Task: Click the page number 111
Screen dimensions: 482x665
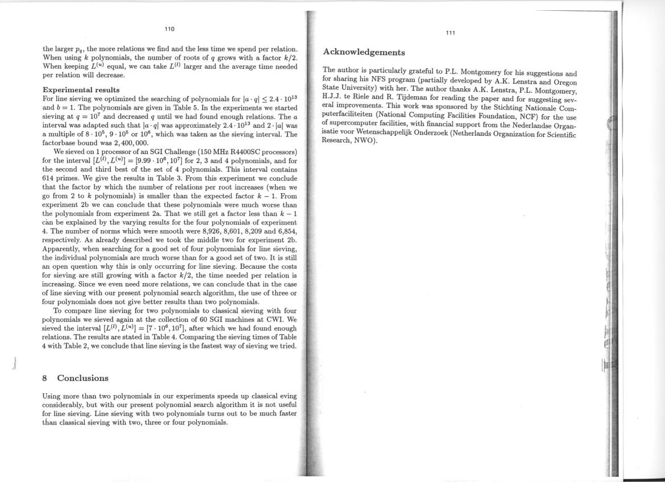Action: (x=450, y=33)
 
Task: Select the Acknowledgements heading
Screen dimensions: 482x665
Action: (x=364, y=52)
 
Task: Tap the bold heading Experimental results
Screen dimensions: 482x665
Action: (x=81, y=90)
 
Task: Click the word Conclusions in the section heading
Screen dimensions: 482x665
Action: (x=82, y=378)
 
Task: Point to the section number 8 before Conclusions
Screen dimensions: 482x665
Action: (x=45, y=378)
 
